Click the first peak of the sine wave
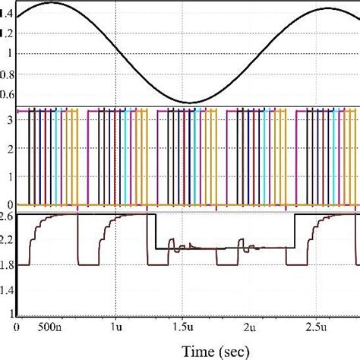click(x=52, y=4)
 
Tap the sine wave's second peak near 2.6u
click(x=328, y=8)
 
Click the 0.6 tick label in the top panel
click(x=8, y=94)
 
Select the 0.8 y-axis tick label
click(x=8, y=74)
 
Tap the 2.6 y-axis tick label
click(x=8, y=217)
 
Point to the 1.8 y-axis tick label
click(x=8, y=264)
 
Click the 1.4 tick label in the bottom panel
click(x=8, y=289)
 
